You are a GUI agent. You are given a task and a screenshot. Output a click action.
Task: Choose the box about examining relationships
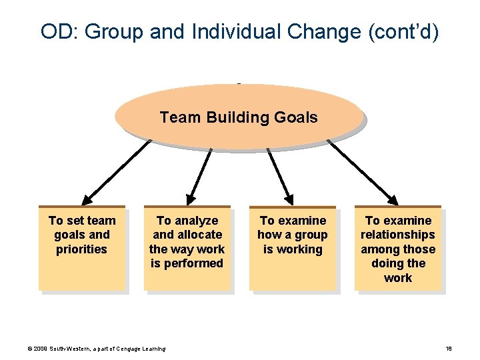click(397, 248)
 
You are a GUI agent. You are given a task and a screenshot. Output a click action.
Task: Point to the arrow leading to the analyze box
click(199, 175)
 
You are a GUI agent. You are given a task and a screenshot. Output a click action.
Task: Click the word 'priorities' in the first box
click(81, 249)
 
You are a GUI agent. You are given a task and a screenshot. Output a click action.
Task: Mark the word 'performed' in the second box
click(187, 263)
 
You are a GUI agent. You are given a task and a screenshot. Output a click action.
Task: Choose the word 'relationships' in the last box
click(397, 235)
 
